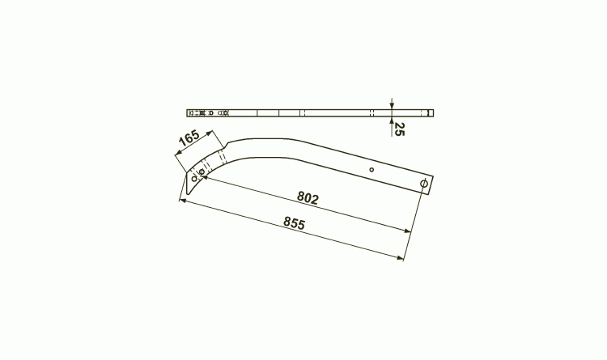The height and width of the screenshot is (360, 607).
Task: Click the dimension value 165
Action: point(189,138)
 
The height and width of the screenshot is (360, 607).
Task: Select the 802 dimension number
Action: point(308,198)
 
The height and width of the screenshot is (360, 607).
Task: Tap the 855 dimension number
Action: point(295,223)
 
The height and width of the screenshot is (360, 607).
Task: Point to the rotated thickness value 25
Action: point(399,129)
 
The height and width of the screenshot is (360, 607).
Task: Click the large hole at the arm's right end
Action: point(424,183)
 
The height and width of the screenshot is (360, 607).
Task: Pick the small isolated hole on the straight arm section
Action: point(371,170)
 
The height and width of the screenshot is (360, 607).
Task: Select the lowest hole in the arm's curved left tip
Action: point(194,179)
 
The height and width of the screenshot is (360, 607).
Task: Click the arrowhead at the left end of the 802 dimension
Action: point(204,177)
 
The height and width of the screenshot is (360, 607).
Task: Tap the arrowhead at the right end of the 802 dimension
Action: point(407,231)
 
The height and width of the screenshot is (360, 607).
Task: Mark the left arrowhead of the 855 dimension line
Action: point(183,201)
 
